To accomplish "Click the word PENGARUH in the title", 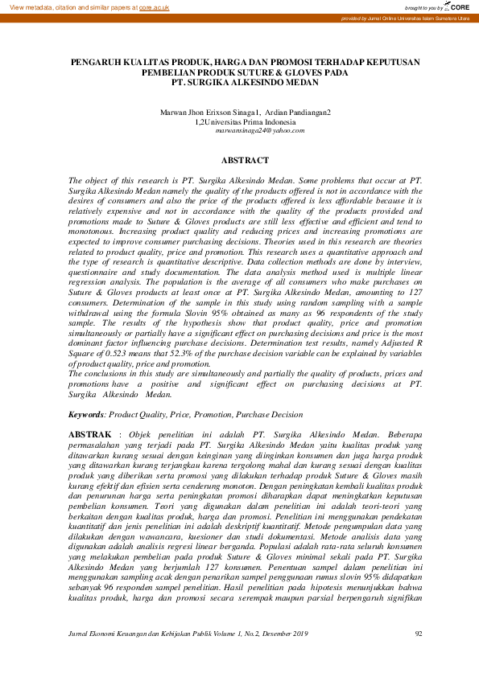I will point(97,62).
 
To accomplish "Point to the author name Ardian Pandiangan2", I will point(298,113).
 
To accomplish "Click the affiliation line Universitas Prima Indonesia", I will point(239,121).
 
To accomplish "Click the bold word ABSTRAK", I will point(92,433).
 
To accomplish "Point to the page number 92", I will point(419,635).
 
